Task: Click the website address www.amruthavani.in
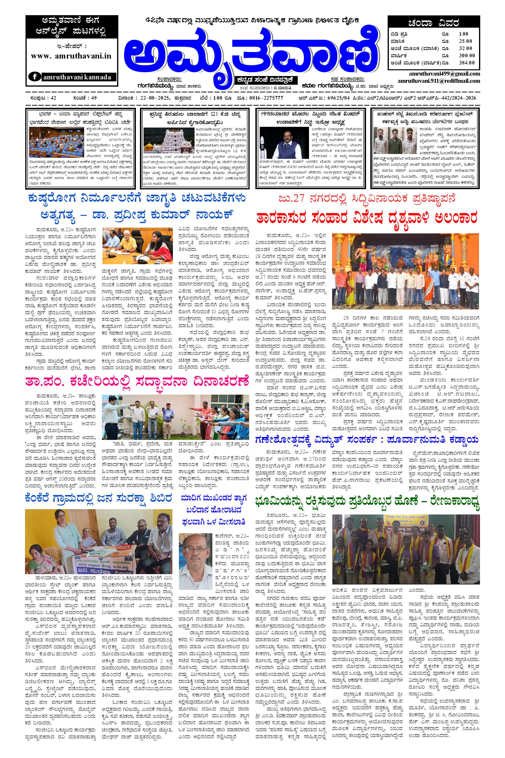(71, 56)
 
